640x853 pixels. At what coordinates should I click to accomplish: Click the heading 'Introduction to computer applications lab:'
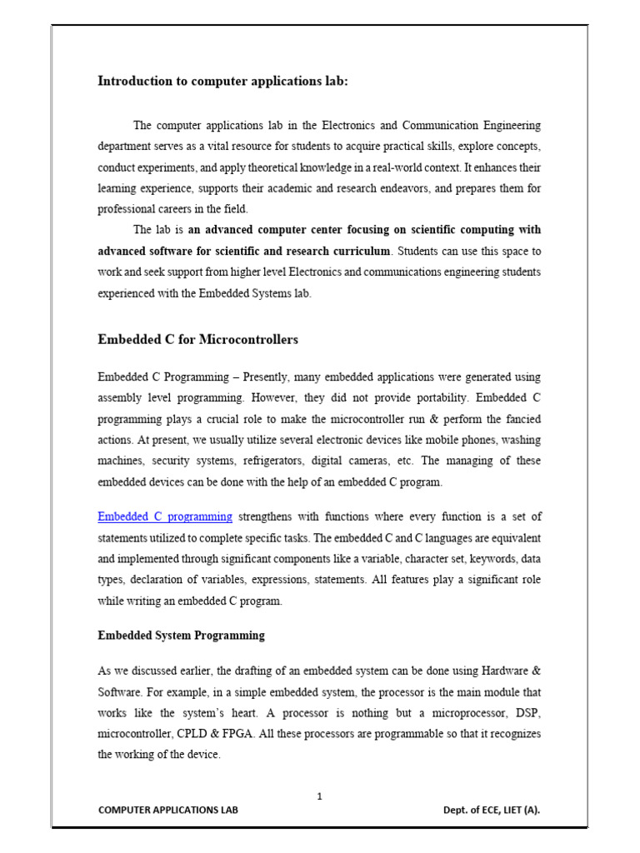click(223, 82)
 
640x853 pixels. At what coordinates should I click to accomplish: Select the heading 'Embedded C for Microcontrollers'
click(197, 340)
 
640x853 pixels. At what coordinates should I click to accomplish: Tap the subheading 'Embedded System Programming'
click(181, 636)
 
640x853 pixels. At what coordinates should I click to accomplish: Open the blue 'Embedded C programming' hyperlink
click(165, 517)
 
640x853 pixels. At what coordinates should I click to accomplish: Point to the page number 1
click(319, 796)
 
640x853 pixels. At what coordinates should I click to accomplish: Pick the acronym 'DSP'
click(527, 715)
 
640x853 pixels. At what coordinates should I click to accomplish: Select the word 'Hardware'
click(496, 671)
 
